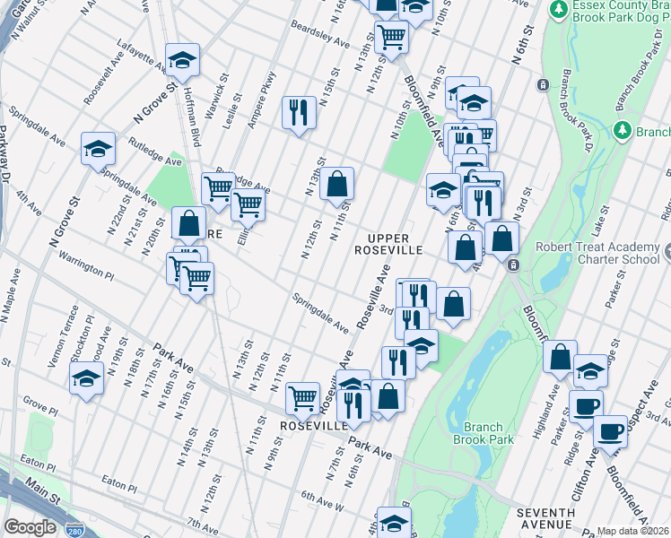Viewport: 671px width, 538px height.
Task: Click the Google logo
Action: [30, 526]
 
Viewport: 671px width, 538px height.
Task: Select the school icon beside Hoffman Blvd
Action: [182, 60]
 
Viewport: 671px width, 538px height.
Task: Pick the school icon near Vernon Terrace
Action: [87, 380]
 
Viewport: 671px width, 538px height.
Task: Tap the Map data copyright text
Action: [632, 531]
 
